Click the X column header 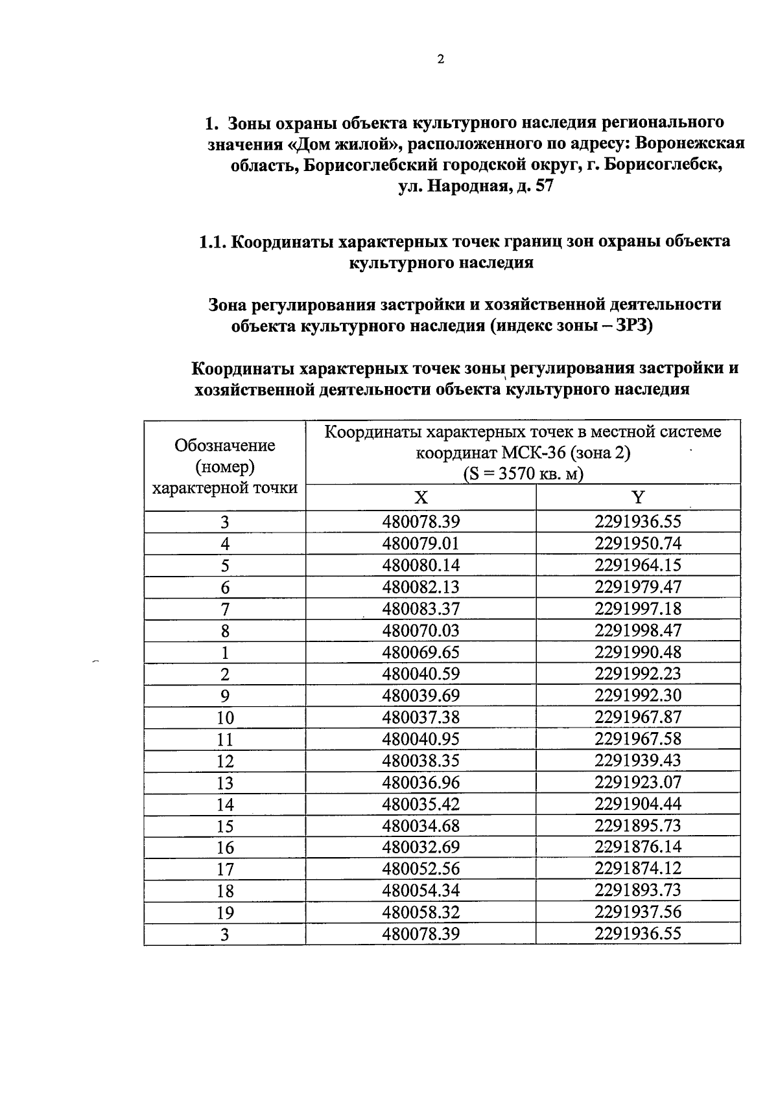[421, 498]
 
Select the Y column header [638, 497]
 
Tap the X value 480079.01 [421, 544]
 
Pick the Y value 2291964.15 [638, 565]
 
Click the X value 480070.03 [421, 630]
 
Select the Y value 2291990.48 [638, 652]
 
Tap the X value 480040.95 [421, 739]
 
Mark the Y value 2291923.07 [638, 782]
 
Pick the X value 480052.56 [421, 869]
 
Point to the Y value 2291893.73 [638, 890]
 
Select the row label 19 [224, 913]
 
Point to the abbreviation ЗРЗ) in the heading [633, 325]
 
